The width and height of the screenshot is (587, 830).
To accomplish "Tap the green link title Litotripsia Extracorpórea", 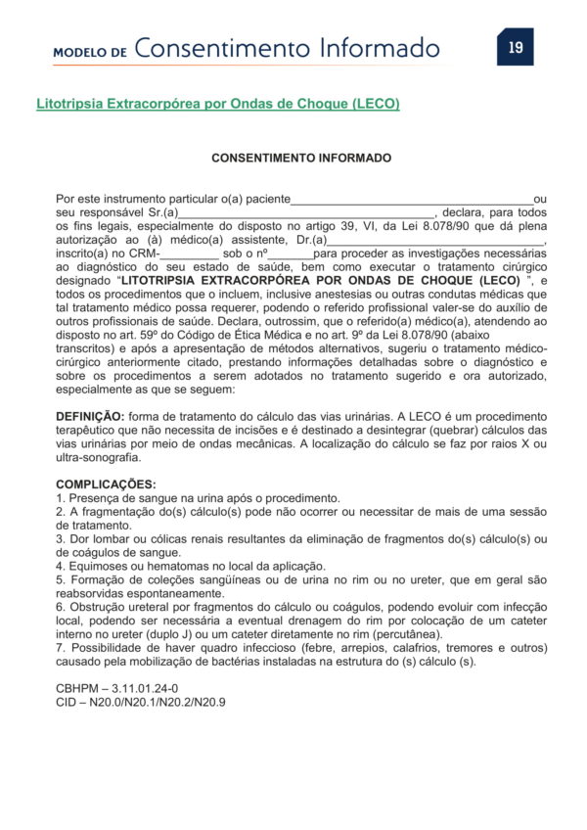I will tap(217, 103).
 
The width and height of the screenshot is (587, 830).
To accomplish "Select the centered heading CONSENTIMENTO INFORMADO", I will tap(301, 158).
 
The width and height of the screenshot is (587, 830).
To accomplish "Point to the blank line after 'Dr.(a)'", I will tap(433, 240).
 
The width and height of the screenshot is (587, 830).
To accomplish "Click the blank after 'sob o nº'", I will tap(291, 254).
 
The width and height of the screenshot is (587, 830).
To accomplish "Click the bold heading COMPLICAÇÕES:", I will tap(106, 484).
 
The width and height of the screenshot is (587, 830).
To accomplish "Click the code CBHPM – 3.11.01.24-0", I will tap(117, 689).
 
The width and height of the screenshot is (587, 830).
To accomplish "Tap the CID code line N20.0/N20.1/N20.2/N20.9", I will tap(141, 703).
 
